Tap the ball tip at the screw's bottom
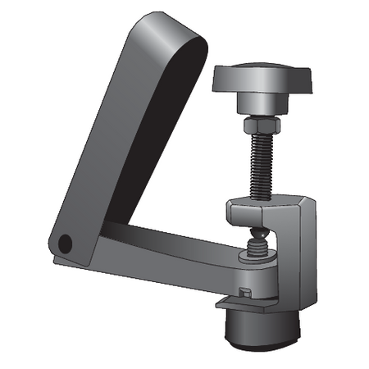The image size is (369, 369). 259,239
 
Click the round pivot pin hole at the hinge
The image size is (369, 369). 66,243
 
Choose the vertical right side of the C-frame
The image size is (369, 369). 306,254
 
